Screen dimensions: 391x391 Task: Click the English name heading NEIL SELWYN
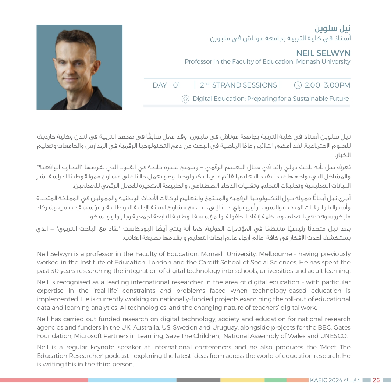coord(323,53)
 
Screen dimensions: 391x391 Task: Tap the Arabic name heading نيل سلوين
coord(333,28)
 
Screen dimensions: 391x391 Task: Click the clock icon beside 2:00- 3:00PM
coord(298,85)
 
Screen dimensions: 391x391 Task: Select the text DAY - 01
coord(166,85)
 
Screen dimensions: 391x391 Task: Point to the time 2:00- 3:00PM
coord(327,85)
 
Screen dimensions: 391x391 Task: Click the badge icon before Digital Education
coord(185,99)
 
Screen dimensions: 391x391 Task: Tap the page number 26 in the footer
coord(376,380)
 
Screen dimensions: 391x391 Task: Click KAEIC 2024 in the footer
coord(326,380)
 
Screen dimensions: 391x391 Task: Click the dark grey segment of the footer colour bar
coord(198,380)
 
